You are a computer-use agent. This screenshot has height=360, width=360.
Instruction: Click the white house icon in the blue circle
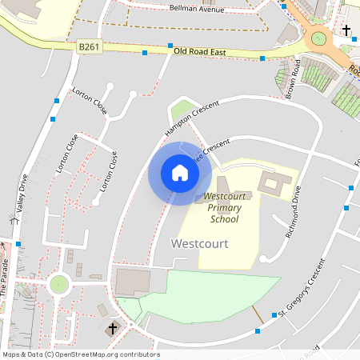click(179, 172)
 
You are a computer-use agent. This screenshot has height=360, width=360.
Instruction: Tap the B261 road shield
click(89, 48)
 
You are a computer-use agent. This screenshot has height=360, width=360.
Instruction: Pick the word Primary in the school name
click(224, 207)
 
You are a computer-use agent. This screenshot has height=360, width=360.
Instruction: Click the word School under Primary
click(224, 218)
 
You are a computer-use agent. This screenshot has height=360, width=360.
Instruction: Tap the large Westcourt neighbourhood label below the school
click(200, 242)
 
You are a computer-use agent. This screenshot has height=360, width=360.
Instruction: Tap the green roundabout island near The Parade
click(58, 284)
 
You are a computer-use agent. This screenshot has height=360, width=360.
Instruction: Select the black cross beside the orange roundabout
click(346, 31)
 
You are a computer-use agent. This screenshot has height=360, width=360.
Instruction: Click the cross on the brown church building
click(113, 328)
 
